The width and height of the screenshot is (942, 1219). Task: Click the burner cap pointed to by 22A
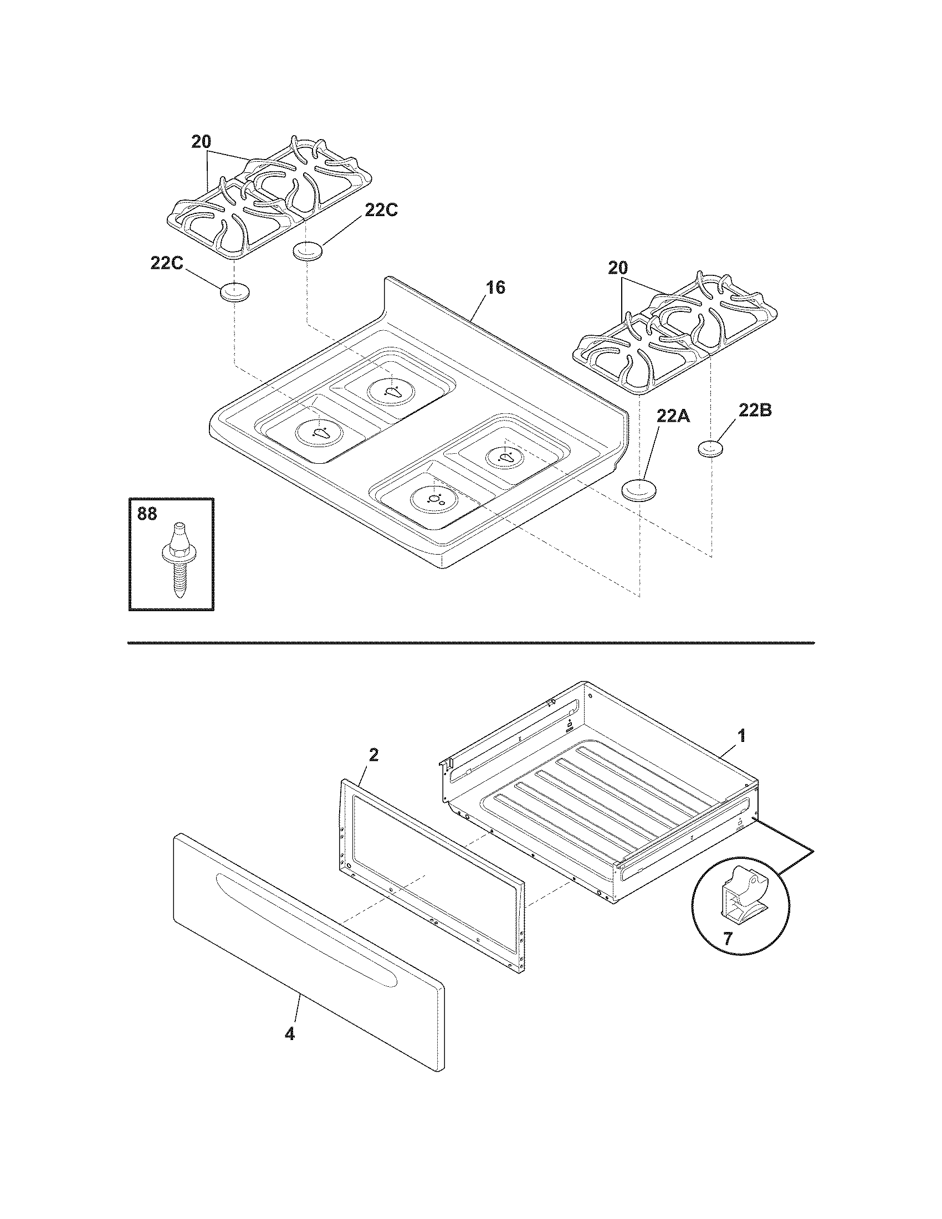[x=639, y=490]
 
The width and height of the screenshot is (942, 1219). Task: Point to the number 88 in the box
[x=147, y=514]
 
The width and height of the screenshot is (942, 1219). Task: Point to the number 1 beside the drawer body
[x=741, y=736]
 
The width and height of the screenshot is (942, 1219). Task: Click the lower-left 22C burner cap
[x=234, y=292]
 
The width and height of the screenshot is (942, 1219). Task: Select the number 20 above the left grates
[x=201, y=142]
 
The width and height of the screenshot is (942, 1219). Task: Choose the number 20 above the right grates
[x=618, y=268]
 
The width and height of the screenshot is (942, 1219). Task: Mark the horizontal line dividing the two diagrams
[x=470, y=643]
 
